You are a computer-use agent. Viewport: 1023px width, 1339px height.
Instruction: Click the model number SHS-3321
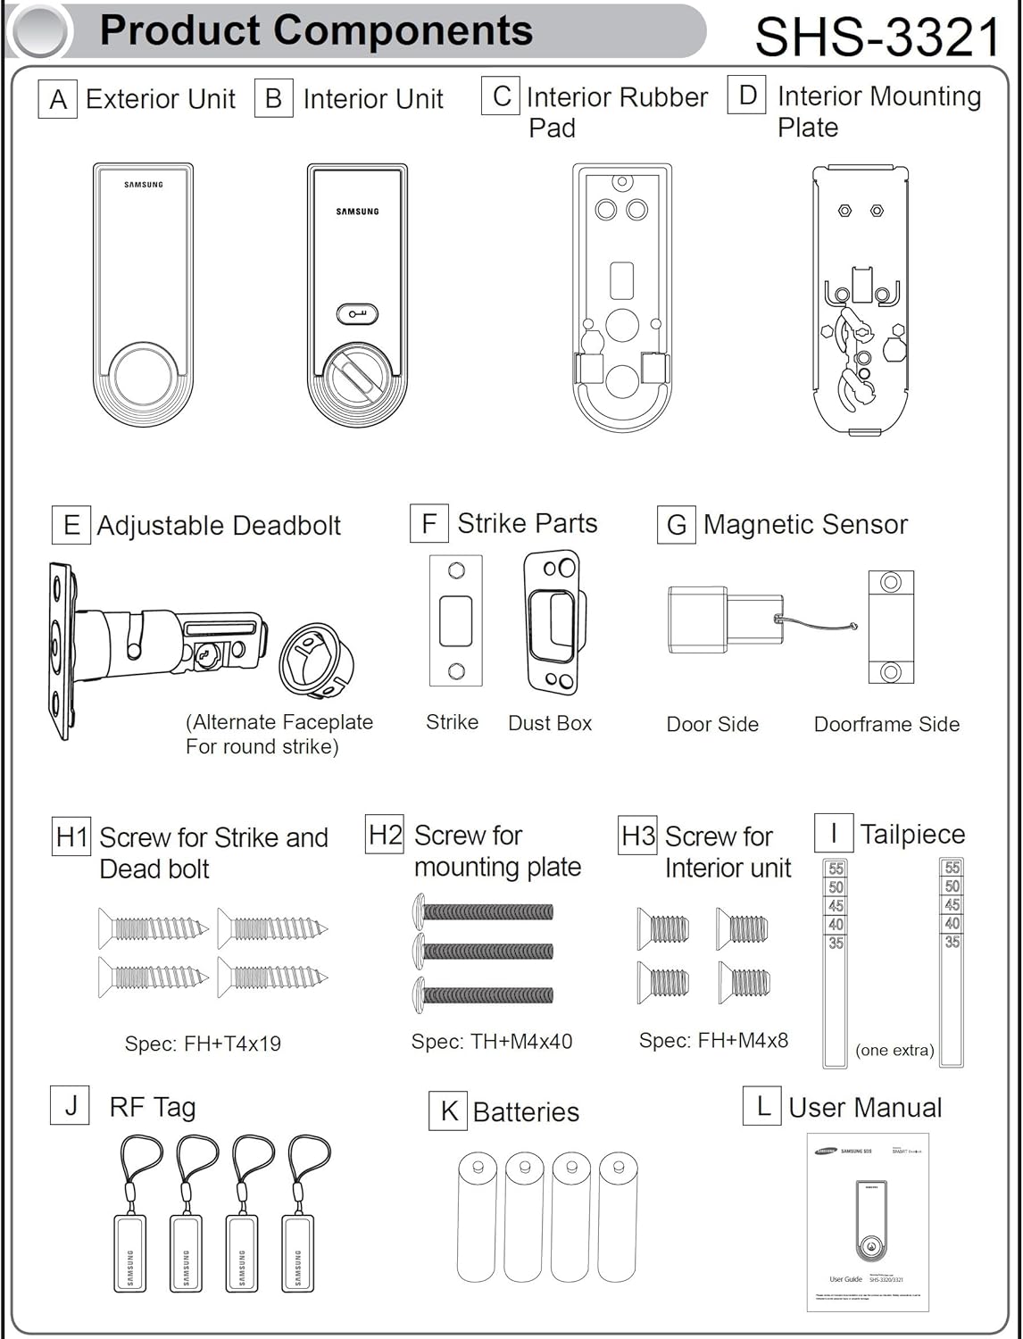click(x=878, y=37)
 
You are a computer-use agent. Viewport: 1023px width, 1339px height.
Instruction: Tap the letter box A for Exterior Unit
click(x=58, y=99)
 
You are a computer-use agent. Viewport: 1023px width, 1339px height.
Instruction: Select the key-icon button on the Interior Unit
click(x=357, y=314)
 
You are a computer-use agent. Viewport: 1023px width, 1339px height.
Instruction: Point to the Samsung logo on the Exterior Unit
click(x=143, y=185)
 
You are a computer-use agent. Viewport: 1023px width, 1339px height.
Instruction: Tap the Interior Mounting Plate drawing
click(x=861, y=299)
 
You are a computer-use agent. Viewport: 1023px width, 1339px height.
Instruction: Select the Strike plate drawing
click(x=455, y=620)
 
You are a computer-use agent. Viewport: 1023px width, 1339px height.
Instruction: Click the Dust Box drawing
click(x=553, y=621)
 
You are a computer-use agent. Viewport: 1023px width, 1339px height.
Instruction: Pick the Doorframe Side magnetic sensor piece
click(x=890, y=627)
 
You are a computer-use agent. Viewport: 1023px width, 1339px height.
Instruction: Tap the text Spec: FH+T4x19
click(x=203, y=1044)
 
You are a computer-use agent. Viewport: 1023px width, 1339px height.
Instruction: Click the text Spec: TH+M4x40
click(x=492, y=1041)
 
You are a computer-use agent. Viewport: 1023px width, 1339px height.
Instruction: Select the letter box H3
click(x=638, y=836)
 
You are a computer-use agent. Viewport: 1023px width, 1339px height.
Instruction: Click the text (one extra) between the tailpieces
click(x=894, y=1051)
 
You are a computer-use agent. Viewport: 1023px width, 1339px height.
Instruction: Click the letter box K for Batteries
click(x=448, y=1111)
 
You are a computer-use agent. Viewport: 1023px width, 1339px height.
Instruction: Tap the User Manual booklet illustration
click(x=868, y=1221)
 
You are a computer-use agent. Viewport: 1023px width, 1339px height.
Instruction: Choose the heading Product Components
click(x=316, y=30)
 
